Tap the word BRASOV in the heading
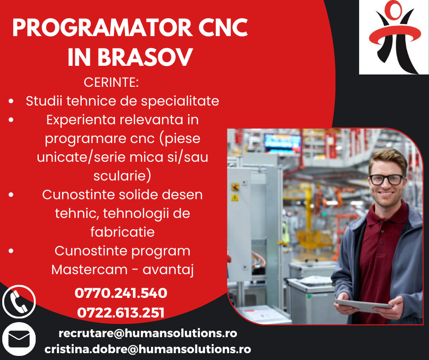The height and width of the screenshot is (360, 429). point(145,58)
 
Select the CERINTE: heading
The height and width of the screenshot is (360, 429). point(111,83)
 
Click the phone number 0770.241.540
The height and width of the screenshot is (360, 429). point(121,293)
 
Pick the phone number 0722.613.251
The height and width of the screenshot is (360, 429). point(121,313)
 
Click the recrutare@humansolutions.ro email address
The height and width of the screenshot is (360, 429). point(148,334)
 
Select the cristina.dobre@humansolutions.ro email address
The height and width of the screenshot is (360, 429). point(148,349)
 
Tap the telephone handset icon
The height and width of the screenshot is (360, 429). point(19,302)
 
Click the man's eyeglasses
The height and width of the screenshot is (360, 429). point(386,179)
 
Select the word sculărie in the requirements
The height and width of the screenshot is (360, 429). point(122,176)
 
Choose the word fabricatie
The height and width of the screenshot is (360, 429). point(122,232)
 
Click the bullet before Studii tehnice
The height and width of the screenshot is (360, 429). point(10,101)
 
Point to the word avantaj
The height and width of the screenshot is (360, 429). point(168,270)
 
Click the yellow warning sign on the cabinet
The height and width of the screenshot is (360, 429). point(235,198)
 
